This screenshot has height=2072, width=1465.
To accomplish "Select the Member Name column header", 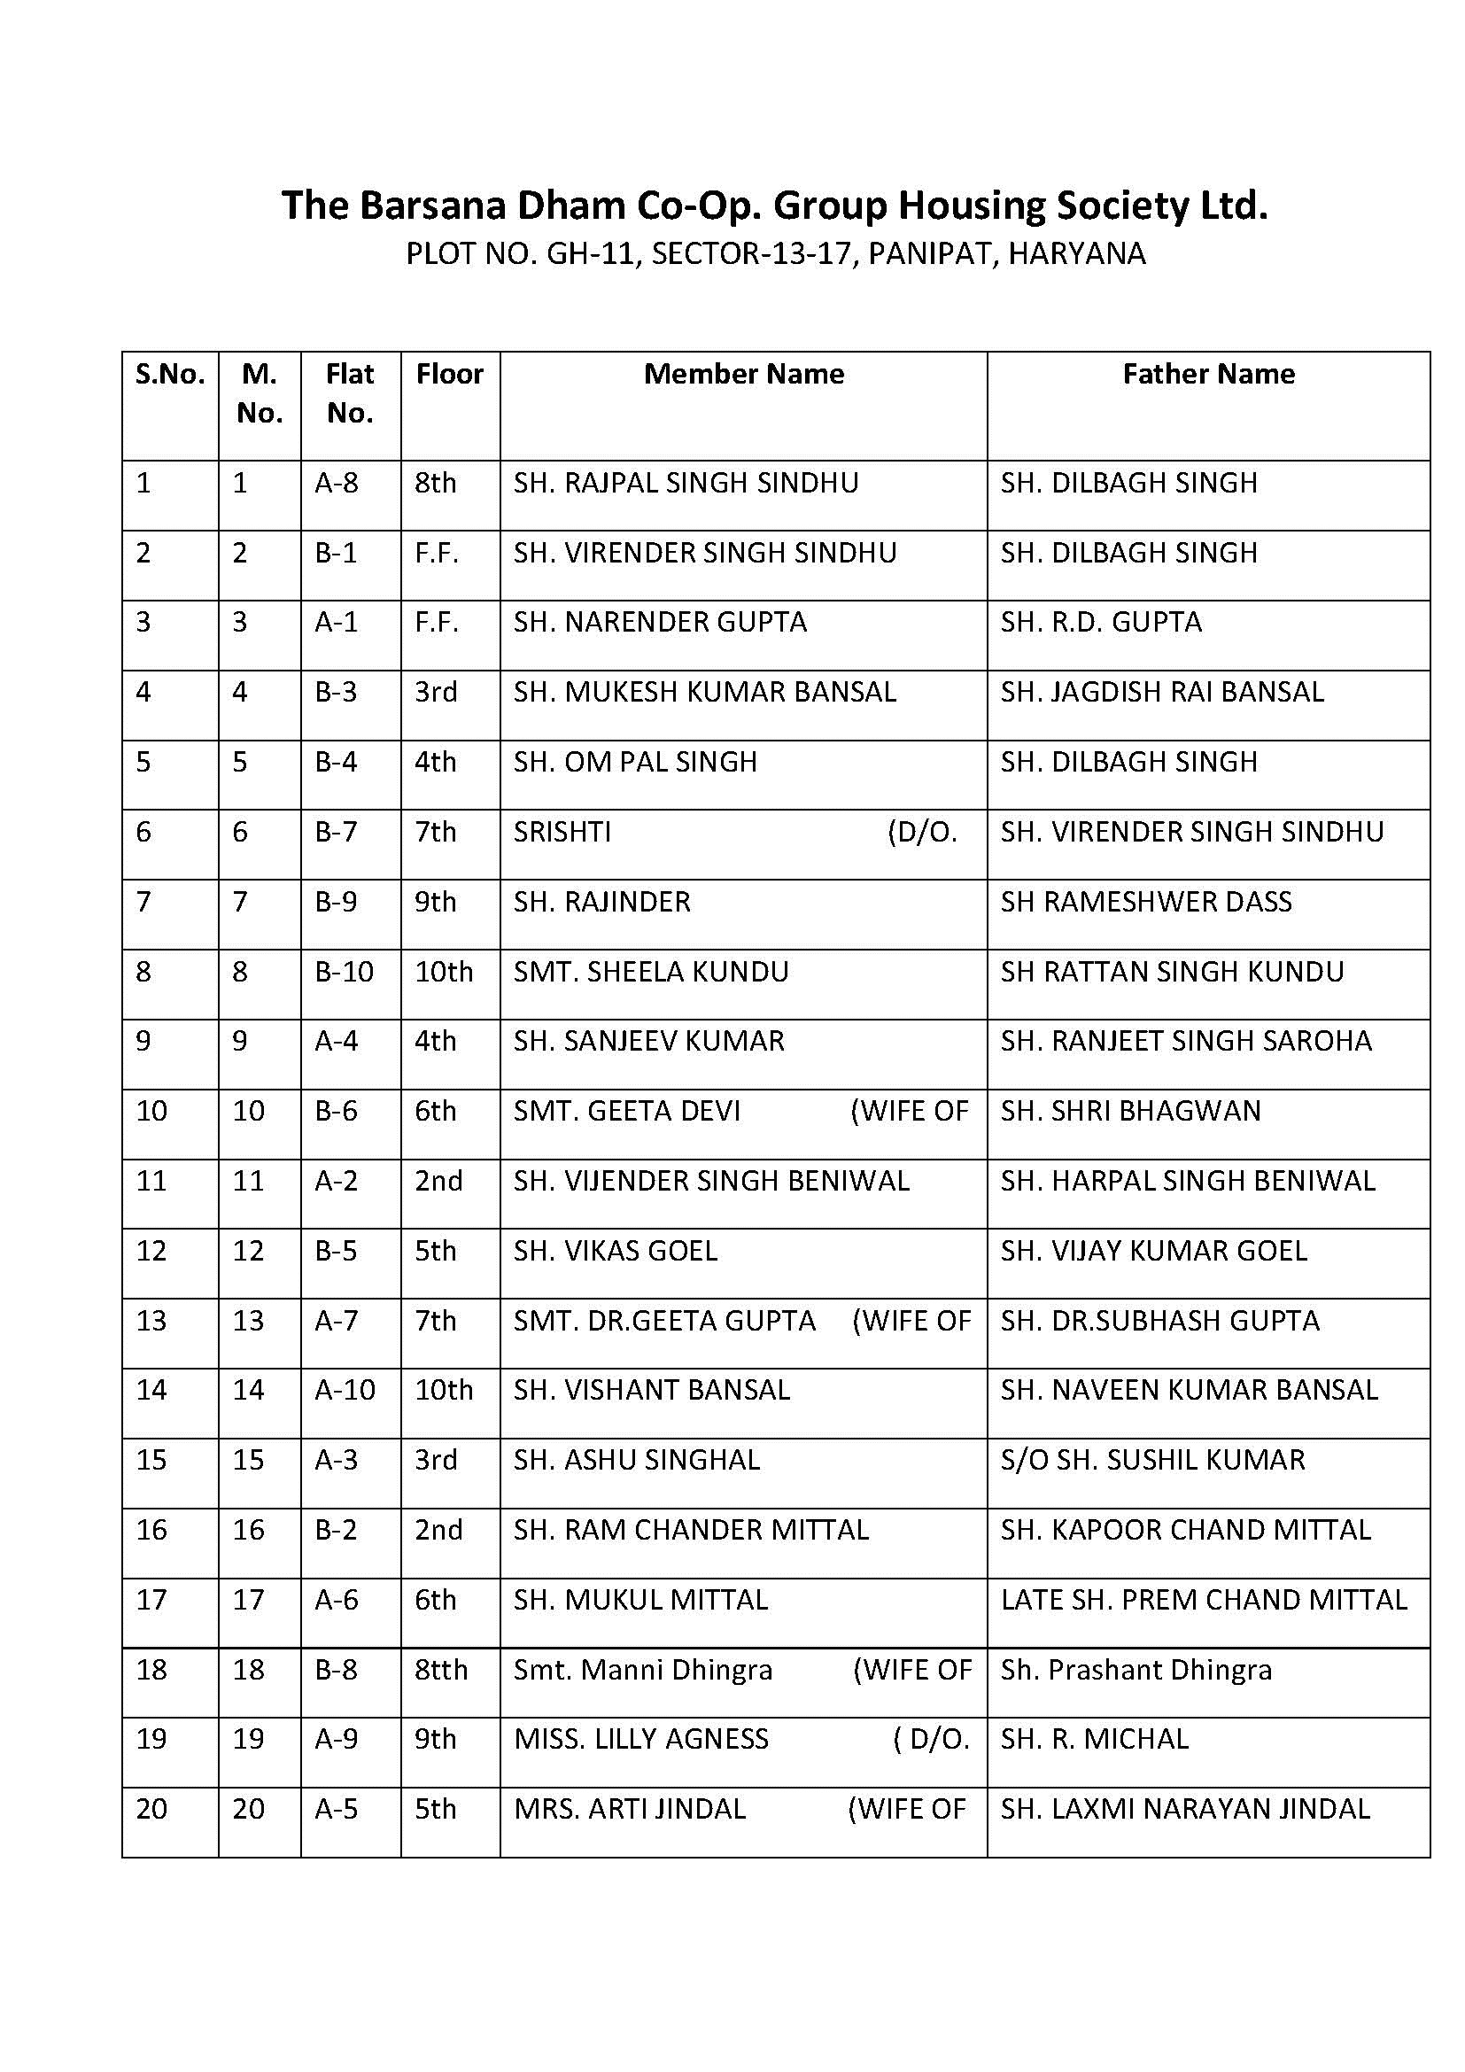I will pyautogui.click(x=743, y=375).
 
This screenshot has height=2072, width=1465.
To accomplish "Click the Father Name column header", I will pyautogui.click(x=1208, y=375).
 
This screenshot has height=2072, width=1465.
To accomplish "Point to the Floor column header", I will pyautogui.click(x=449, y=375).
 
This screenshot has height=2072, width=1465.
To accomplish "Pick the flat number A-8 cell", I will pyautogui.click(x=337, y=484).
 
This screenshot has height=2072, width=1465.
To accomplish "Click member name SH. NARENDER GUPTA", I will pyautogui.click(x=660, y=623).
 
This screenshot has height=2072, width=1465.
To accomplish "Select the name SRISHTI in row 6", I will pyautogui.click(x=562, y=832).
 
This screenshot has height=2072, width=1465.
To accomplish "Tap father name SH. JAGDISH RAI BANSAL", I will pyautogui.click(x=1162, y=692).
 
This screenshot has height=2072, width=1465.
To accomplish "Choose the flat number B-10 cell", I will pyautogui.click(x=344, y=972).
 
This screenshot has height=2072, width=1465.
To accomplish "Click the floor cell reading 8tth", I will pyautogui.click(x=441, y=1671).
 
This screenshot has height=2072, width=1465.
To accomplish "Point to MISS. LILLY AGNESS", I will pyautogui.click(x=640, y=1740).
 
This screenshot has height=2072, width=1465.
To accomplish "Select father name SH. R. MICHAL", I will pyautogui.click(x=1094, y=1740).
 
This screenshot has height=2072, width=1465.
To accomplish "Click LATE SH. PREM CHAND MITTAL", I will pyautogui.click(x=1204, y=1600).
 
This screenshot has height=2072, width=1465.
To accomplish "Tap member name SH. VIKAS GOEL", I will pyautogui.click(x=616, y=1252).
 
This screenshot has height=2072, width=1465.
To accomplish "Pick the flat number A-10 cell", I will pyautogui.click(x=345, y=1391).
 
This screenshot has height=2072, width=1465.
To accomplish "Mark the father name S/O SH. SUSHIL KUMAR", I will pyautogui.click(x=1152, y=1461).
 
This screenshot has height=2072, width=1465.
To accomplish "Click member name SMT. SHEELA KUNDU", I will pyautogui.click(x=650, y=972).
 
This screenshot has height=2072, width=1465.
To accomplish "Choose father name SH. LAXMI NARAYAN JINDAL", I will pyautogui.click(x=1185, y=1810).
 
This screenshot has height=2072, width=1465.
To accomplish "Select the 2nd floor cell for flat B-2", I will pyautogui.click(x=438, y=1531).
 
